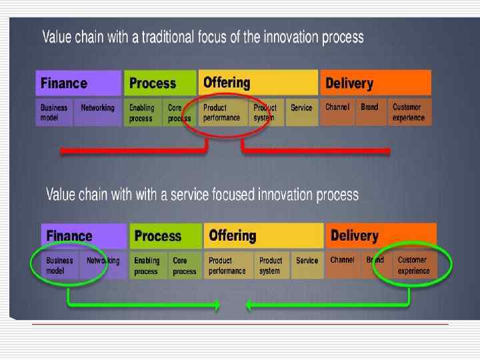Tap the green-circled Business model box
(61, 265)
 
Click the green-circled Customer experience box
(415, 265)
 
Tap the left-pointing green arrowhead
(250, 306)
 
